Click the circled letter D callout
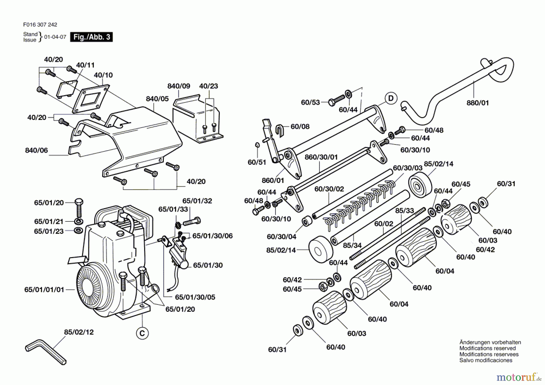point(391,98)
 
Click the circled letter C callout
point(142,334)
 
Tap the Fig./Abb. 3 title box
point(91,37)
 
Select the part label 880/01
point(477,103)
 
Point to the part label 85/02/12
point(79,332)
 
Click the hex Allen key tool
point(45,351)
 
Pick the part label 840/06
point(36,150)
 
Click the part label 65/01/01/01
point(44,290)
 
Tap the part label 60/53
point(310,102)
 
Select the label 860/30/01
point(321,157)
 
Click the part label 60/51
point(257,162)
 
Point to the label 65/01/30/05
point(195,297)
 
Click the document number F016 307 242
point(40,25)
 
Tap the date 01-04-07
point(55,37)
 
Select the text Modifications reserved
point(487,348)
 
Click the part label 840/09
point(179,86)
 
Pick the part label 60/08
point(300,126)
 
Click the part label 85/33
point(405,210)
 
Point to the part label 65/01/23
point(49,231)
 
